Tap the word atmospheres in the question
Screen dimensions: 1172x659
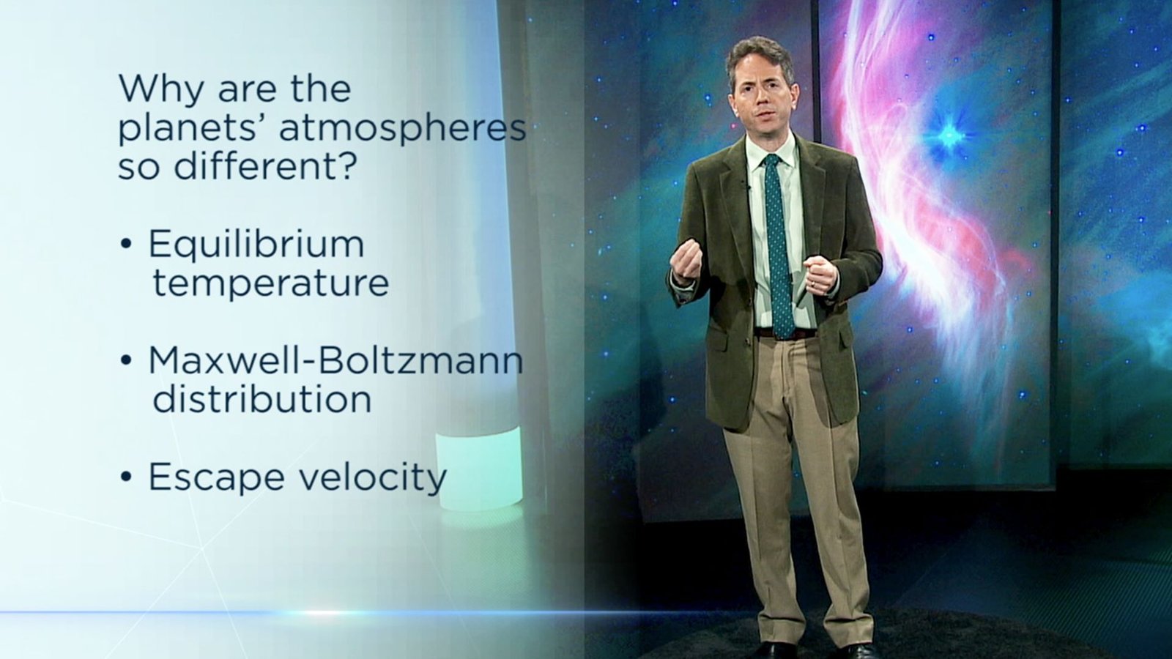click(402, 128)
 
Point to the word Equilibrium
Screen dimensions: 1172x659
click(256, 245)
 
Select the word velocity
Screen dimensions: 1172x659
click(372, 477)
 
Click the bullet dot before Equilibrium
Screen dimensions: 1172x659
click(125, 245)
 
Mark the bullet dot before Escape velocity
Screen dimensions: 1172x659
click(125, 477)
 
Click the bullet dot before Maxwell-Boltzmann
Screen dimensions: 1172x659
click(125, 360)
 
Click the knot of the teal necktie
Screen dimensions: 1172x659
click(772, 160)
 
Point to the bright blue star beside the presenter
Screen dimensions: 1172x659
click(948, 135)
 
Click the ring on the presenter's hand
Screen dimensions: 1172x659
click(812, 284)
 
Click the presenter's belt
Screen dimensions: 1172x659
click(785, 332)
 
